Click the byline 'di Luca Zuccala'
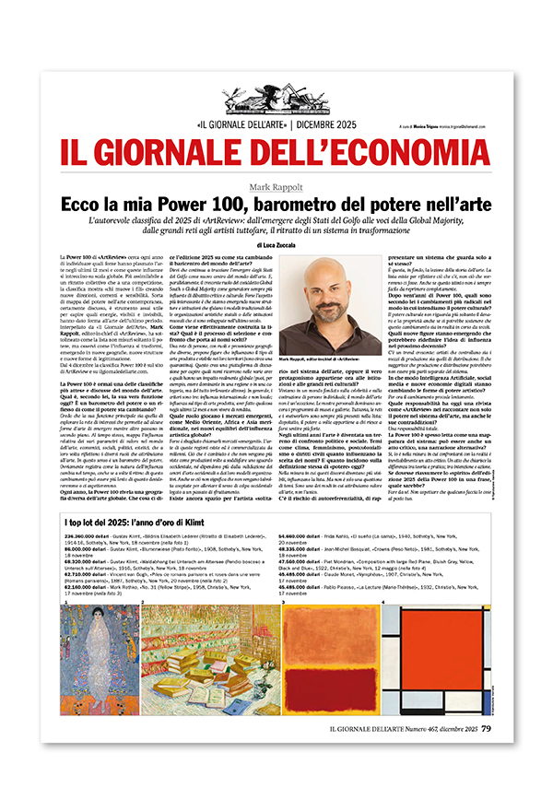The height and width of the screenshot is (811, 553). tap(276, 245)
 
